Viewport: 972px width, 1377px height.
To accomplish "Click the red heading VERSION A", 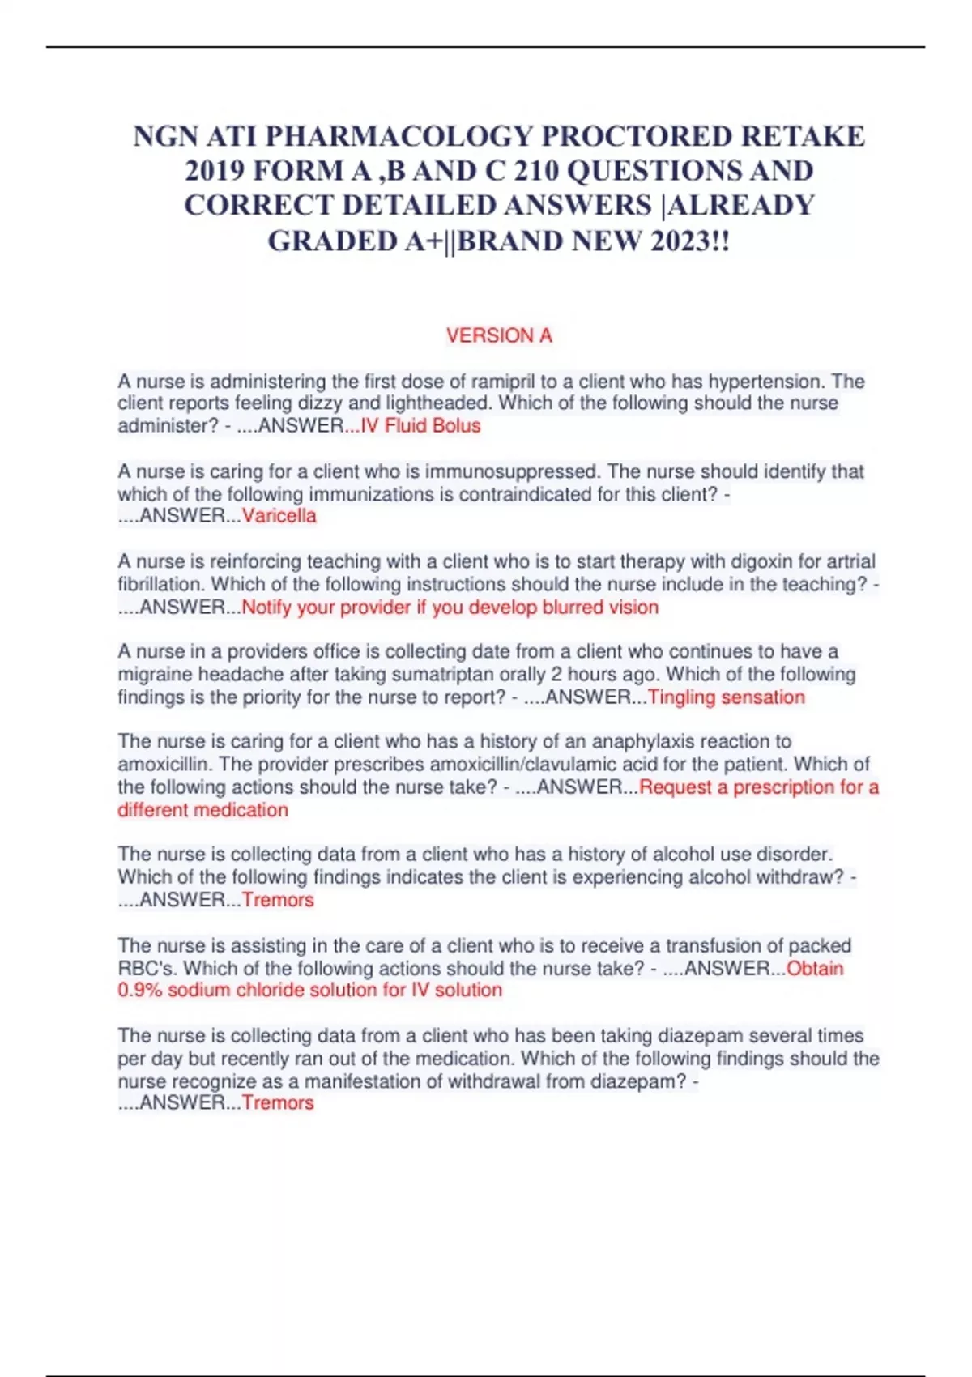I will [499, 335].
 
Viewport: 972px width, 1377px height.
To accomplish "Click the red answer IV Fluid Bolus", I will [420, 426].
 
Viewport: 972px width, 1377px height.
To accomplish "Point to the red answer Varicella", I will [279, 516].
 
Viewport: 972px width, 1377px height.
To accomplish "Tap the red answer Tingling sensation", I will [727, 697].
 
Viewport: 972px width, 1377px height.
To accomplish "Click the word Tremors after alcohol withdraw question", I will [278, 900].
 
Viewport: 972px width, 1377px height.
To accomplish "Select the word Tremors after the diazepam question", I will [278, 1102].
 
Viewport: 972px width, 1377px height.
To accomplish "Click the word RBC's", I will [147, 968].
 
